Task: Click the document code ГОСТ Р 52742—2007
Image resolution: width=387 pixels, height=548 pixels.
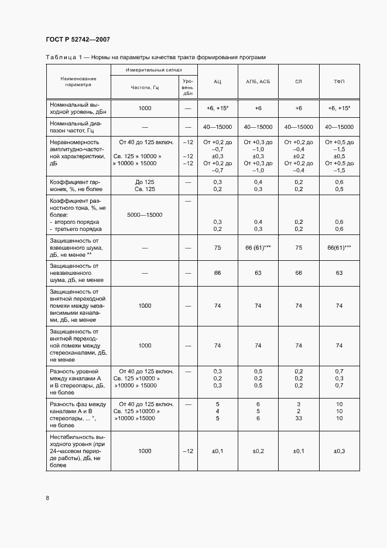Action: tap(77, 40)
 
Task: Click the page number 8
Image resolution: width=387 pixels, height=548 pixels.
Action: tap(47, 498)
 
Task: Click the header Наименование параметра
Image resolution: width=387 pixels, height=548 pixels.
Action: tap(78, 81)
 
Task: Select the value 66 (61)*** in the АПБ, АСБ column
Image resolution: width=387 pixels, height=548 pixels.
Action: tap(258, 249)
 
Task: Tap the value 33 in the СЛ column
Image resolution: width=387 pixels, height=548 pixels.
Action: tap(298, 418)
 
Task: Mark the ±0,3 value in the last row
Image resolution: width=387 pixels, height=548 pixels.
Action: tap(338, 451)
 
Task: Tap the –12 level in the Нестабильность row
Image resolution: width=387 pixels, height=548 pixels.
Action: tap(188, 451)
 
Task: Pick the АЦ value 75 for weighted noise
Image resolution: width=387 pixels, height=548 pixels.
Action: tap(217, 249)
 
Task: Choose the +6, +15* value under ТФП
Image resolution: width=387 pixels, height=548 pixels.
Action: tap(338, 109)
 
